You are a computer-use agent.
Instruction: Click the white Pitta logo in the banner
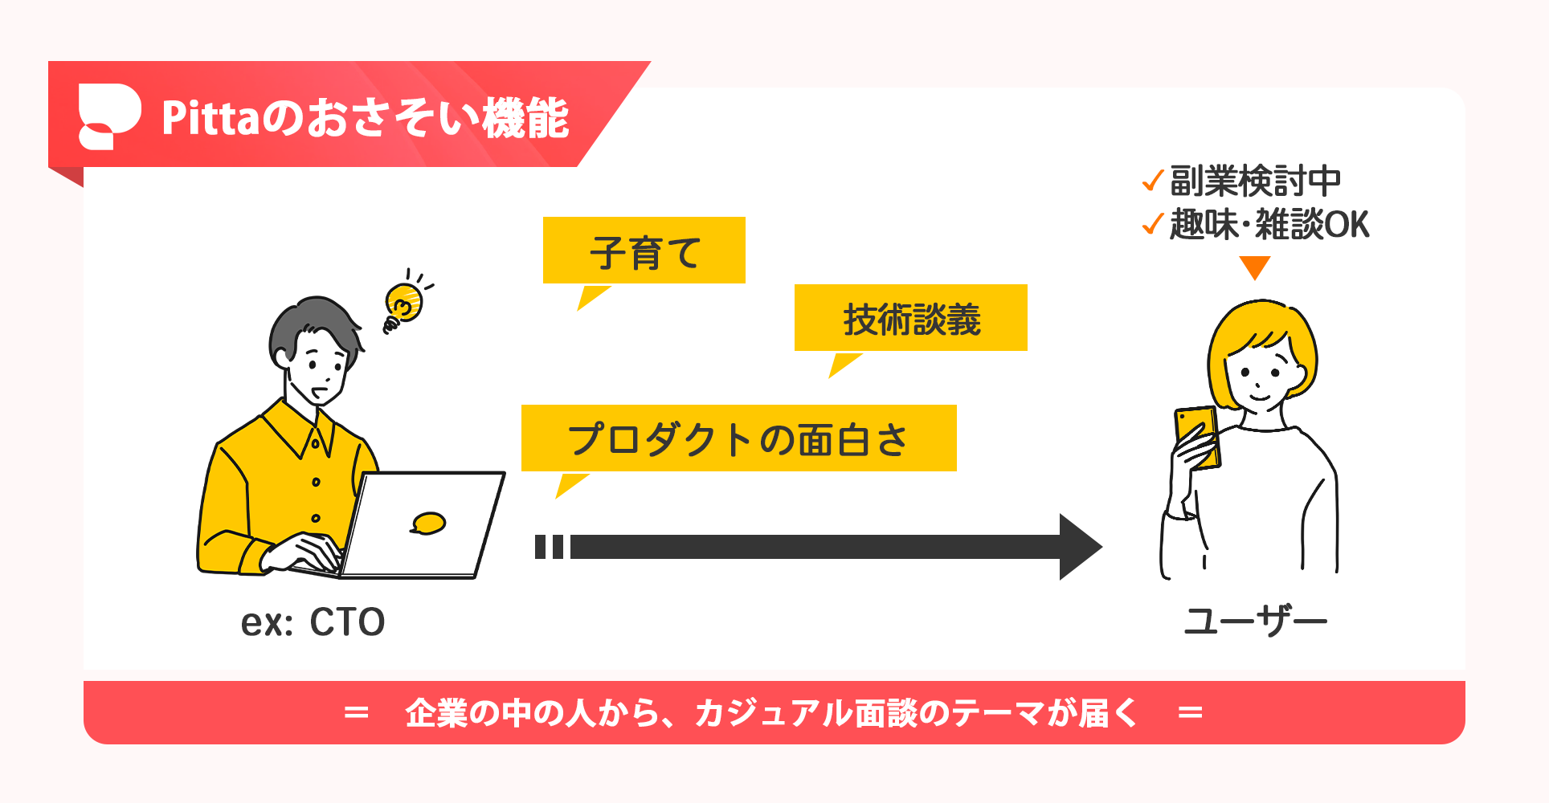pyautogui.click(x=108, y=116)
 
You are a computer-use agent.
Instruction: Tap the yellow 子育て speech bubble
pyautogui.click(x=644, y=251)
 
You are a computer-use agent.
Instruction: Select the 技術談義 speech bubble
pyautogui.click(x=910, y=318)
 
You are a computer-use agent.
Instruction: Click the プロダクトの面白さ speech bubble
pyautogui.click(x=738, y=438)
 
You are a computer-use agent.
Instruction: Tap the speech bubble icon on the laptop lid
pyautogui.click(x=428, y=524)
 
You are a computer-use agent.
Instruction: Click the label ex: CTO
pyautogui.click(x=313, y=622)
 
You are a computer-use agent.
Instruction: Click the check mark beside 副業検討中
pyautogui.click(x=1152, y=181)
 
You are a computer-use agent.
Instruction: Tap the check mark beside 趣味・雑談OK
pyautogui.click(x=1152, y=224)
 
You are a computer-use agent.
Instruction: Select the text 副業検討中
pyautogui.click(x=1255, y=181)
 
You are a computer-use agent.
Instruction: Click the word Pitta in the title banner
pyautogui.click(x=211, y=119)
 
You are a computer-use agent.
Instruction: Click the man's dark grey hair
pyautogui.click(x=309, y=321)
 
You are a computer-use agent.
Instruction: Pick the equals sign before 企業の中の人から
pyautogui.click(x=356, y=712)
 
